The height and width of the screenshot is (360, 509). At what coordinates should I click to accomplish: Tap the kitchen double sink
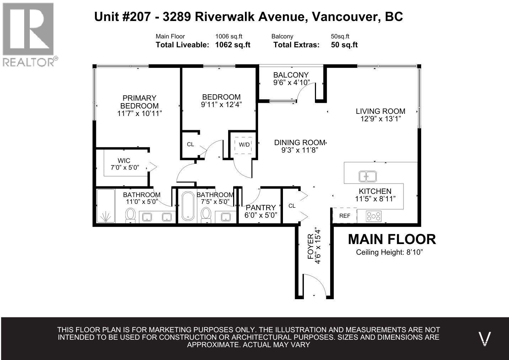pos(368,176)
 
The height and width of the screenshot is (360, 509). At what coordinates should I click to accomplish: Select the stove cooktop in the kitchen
pos(374,216)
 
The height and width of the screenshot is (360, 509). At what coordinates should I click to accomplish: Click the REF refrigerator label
pos(345,216)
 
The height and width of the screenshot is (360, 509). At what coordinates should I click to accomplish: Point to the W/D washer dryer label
pos(244,145)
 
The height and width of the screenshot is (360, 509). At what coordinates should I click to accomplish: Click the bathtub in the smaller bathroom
pos(188,206)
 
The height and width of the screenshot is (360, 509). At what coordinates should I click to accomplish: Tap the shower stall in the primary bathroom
pos(106,206)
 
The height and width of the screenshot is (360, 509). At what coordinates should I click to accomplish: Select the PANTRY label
pos(261,207)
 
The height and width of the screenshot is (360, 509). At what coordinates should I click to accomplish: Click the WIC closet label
pos(124,160)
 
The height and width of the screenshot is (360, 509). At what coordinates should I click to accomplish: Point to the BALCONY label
pos(291,75)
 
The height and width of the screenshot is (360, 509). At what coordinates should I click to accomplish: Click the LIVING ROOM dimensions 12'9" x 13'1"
pos(381,119)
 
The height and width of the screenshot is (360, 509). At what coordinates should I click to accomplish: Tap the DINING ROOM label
pos(300,143)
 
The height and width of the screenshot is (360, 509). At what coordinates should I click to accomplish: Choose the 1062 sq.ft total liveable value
pos(233,45)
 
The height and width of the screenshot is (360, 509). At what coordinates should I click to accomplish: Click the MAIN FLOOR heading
pos(392,239)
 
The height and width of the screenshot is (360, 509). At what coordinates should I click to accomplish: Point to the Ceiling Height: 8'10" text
pos(389,252)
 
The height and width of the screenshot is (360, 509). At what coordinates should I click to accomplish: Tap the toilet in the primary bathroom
pos(130,215)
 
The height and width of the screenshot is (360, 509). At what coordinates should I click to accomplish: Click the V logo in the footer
pos(484,339)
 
